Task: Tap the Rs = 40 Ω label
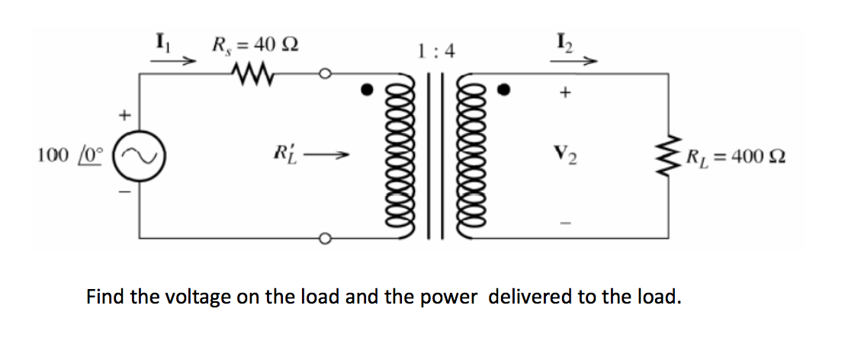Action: (x=255, y=43)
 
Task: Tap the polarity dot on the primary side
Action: (x=368, y=91)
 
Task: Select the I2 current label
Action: (x=565, y=43)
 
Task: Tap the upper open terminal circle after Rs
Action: (x=325, y=74)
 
